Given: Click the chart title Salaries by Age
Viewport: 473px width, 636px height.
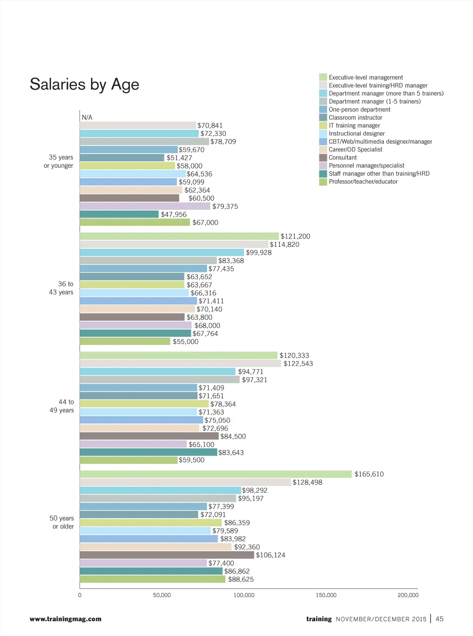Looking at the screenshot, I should (x=85, y=85).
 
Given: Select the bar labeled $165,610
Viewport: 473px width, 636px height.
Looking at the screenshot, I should (x=215, y=474).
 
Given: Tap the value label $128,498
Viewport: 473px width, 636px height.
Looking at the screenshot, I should (x=307, y=483).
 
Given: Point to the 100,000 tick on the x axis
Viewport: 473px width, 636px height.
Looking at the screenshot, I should (x=244, y=595).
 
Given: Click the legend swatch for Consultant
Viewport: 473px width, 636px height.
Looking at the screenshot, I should (x=323, y=158).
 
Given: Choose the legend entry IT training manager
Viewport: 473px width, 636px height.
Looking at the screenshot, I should (x=354, y=126).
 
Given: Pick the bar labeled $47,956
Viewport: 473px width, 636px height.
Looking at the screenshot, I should (x=119, y=214).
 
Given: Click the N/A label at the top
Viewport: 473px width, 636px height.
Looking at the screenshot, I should (x=87, y=117).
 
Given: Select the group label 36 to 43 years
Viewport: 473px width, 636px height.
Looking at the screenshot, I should (x=61, y=288).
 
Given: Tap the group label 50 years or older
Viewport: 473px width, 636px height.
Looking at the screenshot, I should (x=62, y=522).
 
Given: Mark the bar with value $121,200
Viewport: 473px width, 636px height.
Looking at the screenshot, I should (x=179, y=236).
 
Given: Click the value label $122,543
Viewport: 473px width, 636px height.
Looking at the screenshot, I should (x=298, y=364).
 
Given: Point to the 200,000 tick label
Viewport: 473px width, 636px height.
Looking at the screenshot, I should (x=408, y=595).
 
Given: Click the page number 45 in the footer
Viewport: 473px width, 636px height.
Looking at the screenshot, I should (x=439, y=619).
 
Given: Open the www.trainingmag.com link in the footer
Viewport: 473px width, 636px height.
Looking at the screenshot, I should (x=66, y=619).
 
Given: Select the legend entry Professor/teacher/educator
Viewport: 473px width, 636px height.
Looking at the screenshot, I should (x=363, y=182).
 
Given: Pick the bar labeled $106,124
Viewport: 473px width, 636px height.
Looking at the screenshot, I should (x=167, y=555).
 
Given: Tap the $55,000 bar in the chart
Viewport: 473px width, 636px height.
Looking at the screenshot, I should (x=125, y=342).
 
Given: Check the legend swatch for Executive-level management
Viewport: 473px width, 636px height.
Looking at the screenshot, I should (x=323, y=77).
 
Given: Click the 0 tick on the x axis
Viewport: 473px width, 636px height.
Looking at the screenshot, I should (x=80, y=595).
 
